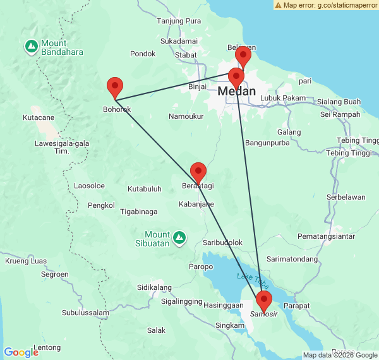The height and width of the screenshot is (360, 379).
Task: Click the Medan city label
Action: pyautogui.click(x=237, y=92)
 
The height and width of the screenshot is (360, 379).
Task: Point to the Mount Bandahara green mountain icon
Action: pyautogui.click(x=31, y=45)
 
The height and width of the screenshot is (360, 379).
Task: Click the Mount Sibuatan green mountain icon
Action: pyautogui.click(x=180, y=237)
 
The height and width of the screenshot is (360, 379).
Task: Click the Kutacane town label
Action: pyautogui.click(x=38, y=117)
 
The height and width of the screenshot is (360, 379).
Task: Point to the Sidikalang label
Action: pyautogui.click(x=155, y=287)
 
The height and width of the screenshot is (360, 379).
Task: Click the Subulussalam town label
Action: pyautogui.click(x=87, y=313)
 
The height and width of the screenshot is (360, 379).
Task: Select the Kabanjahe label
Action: pyautogui.click(x=196, y=204)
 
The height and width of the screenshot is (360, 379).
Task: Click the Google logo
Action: pyautogui.click(x=21, y=352)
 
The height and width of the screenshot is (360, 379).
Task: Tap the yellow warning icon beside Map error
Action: pyautogui.click(x=279, y=5)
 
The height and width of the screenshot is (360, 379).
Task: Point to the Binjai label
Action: pyautogui.click(x=198, y=86)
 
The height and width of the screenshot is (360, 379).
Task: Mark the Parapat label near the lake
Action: pyautogui.click(x=297, y=305)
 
